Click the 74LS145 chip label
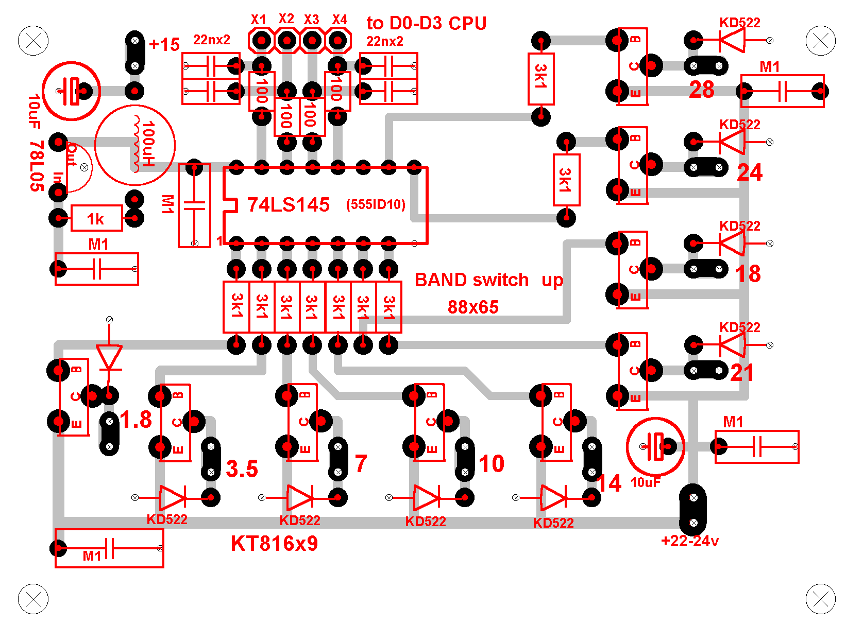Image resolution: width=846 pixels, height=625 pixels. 288,205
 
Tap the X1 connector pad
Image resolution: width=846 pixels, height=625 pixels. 262,40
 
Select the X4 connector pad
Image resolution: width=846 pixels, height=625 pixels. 337,40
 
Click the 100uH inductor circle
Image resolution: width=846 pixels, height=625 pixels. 135,145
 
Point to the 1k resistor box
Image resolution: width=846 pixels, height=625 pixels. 96,218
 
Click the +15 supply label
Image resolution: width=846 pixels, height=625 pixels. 164,45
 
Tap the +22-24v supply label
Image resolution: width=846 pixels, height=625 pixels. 689,541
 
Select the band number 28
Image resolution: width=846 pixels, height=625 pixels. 702,90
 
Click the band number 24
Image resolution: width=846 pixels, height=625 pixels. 750,172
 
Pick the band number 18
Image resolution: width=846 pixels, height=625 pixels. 748,274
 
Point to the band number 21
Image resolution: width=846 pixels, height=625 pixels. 742,373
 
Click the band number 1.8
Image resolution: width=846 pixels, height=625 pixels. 136,420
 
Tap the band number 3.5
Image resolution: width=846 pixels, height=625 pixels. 242,469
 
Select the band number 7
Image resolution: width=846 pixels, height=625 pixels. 361,464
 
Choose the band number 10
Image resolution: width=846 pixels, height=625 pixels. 492,464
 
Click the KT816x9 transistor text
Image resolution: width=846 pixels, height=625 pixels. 274,544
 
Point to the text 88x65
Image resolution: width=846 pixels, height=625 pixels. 473,307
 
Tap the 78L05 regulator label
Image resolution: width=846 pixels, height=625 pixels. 36,166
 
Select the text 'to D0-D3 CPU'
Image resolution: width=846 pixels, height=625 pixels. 426,23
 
